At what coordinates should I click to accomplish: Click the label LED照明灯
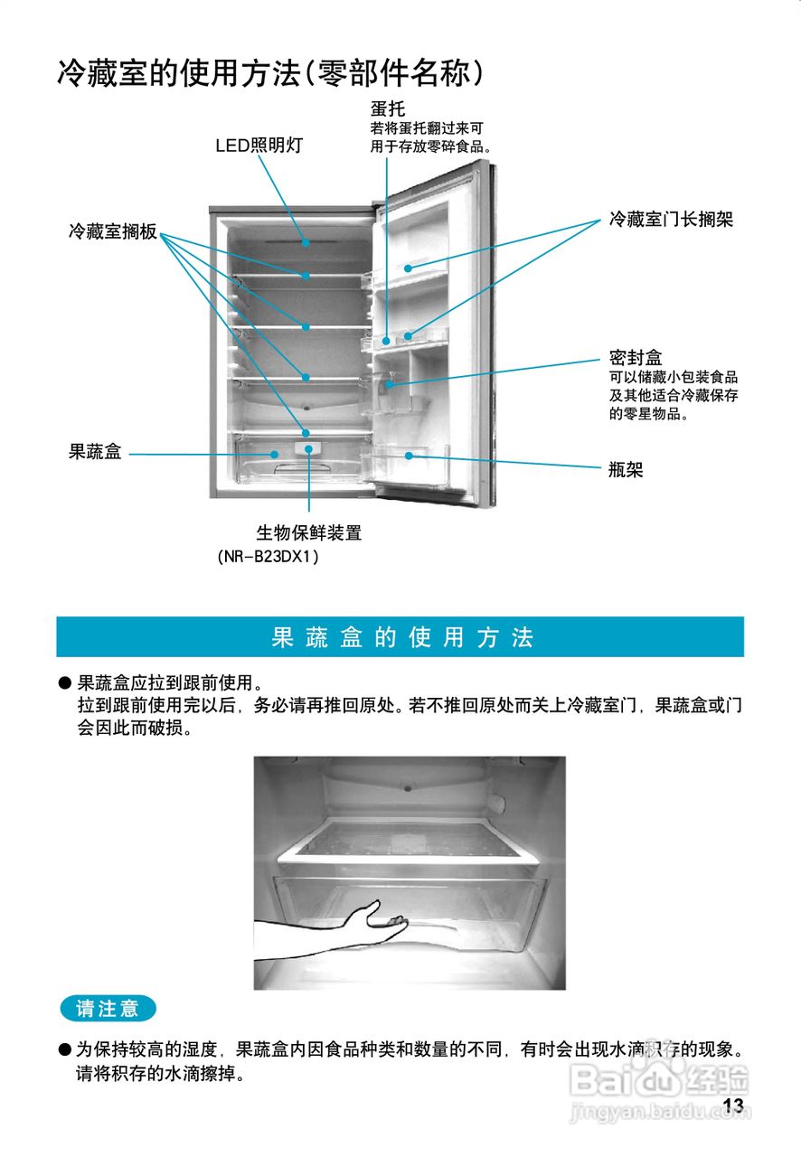[x=259, y=146]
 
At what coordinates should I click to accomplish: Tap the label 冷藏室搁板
[x=112, y=231]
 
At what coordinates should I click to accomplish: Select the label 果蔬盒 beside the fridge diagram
[x=95, y=452]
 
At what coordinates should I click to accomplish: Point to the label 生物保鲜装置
[x=309, y=533]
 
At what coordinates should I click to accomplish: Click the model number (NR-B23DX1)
[x=269, y=557]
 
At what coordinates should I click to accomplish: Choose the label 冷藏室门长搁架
[x=671, y=220]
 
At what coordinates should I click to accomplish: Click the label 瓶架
[x=626, y=469]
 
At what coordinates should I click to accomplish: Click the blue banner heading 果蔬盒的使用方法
[x=400, y=637]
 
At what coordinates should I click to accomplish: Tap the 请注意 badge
[x=108, y=1008]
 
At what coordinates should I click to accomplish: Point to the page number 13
[x=733, y=1105]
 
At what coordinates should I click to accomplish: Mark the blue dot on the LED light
[x=306, y=242]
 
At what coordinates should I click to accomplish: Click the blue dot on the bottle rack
[x=409, y=456]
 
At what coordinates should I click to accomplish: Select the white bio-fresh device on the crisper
[x=309, y=448]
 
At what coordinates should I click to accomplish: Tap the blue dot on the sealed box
[x=390, y=384]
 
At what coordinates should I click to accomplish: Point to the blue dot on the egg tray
[x=386, y=341]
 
